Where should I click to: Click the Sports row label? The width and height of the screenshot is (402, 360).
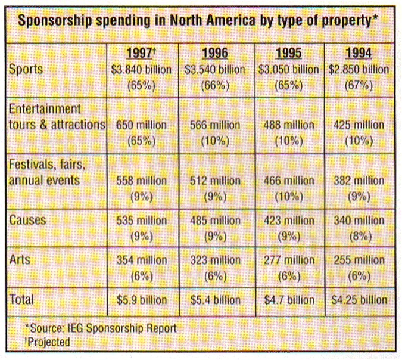26,69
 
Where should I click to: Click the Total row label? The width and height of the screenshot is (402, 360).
21,299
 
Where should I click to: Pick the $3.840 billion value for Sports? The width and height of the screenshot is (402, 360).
142,69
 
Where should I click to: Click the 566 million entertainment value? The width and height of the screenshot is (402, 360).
214,125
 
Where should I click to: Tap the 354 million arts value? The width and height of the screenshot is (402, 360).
142,260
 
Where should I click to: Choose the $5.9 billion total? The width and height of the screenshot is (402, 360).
142,299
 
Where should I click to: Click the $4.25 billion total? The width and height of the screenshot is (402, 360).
359,299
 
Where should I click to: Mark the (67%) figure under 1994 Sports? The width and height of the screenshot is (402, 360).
359,85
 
